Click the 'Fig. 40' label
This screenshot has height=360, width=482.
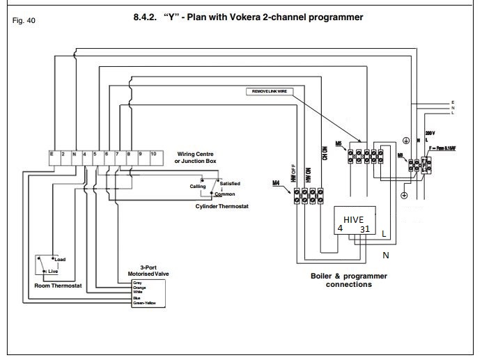[x=24, y=21]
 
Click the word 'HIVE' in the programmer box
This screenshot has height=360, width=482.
[x=354, y=219]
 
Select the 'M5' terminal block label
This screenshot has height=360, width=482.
[x=339, y=143]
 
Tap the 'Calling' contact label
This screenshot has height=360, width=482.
[x=198, y=187]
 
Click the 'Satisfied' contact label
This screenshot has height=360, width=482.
[x=230, y=183]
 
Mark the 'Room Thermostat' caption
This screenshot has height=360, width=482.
[x=58, y=285]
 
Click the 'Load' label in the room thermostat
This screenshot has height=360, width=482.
[x=60, y=260]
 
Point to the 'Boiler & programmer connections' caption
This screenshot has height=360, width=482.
[x=348, y=280]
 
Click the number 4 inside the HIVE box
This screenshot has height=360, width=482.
[x=340, y=228]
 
